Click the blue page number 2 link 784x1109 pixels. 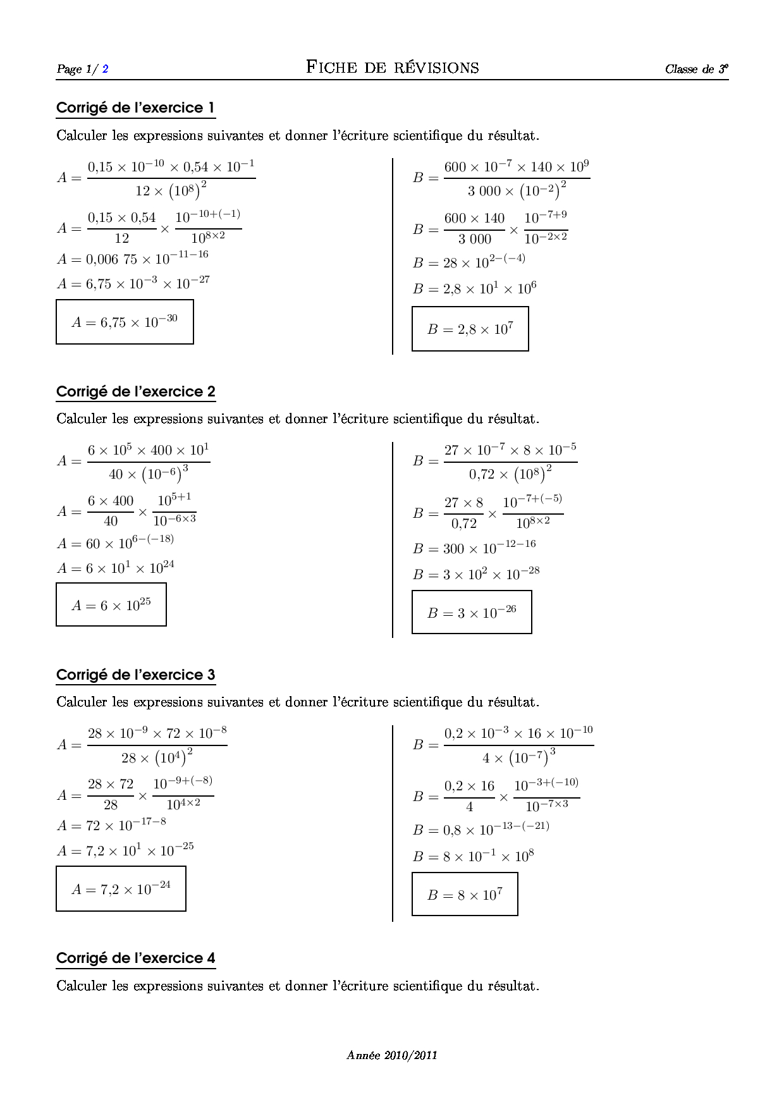(105, 69)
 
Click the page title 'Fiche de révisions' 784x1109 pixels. (392, 68)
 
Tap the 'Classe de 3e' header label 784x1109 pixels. (696, 69)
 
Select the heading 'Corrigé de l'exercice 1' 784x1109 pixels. (135, 108)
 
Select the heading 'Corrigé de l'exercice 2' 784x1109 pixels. (135, 392)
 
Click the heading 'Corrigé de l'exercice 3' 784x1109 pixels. (135, 675)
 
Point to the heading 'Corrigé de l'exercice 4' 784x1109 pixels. (135, 959)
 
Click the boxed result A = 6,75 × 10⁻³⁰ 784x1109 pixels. (125, 322)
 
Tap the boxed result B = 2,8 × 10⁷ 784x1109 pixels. (470, 329)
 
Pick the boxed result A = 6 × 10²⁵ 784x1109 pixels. (111, 605)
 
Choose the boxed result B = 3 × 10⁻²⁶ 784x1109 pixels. (472, 612)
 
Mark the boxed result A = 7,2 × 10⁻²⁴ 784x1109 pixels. (121, 888)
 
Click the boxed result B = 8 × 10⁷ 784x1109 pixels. (465, 895)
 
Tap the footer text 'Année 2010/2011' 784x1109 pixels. (392, 1055)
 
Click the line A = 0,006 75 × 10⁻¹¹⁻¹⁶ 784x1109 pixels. (132, 258)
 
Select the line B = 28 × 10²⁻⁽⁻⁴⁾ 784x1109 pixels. (469, 262)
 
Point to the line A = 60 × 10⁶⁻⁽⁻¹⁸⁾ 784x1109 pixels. (115, 542)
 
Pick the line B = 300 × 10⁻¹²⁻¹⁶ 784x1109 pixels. (474, 548)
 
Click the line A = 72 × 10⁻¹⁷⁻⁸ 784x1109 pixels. (111, 825)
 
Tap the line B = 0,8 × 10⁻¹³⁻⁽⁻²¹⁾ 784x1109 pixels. (481, 829)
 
